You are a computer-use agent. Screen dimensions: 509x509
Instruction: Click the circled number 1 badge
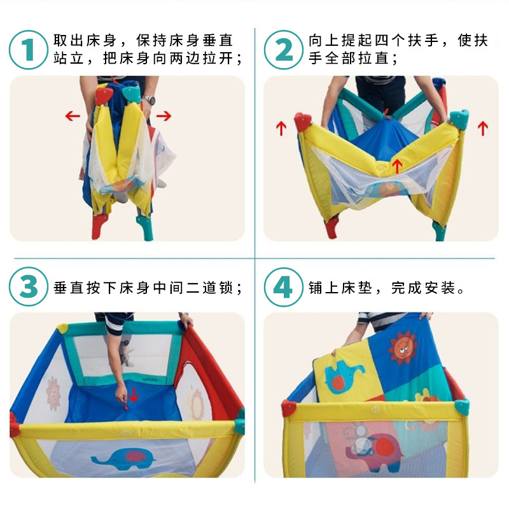(x=29, y=50)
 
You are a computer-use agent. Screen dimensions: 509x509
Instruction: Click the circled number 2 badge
(x=284, y=50)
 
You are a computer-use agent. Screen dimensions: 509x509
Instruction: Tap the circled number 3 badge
(x=29, y=287)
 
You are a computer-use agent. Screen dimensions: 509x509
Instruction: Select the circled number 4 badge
(x=284, y=287)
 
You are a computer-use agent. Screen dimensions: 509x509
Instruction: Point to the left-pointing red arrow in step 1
(x=73, y=116)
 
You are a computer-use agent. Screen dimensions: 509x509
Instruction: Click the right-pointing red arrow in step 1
(x=164, y=116)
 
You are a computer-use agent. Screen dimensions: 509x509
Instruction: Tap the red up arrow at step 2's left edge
(x=281, y=129)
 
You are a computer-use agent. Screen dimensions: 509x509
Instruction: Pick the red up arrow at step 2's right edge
(x=483, y=129)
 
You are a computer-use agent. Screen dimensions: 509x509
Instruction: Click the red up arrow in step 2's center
(x=396, y=165)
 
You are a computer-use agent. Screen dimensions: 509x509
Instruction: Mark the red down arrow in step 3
(x=134, y=394)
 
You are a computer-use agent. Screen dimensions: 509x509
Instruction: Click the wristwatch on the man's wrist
(x=150, y=100)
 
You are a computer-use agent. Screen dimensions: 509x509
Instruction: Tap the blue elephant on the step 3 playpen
(x=123, y=457)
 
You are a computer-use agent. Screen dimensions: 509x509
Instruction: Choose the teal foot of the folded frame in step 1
(x=145, y=228)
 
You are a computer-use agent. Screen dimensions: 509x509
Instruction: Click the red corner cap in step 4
(x=289, y=408)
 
